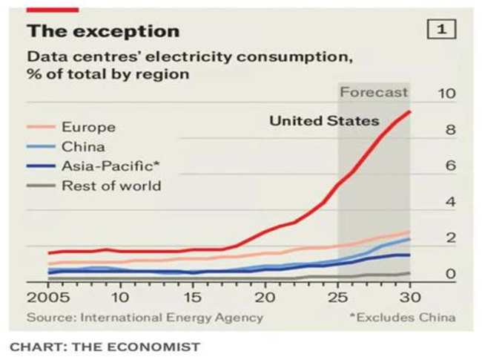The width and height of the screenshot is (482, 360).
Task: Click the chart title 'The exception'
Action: tap(103, 31)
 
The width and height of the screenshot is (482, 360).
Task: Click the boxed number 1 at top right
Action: tap(441, 30)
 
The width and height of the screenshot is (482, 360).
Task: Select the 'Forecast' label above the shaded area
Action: tap(374, 93)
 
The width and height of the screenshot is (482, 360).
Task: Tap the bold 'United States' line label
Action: tap(324, 120)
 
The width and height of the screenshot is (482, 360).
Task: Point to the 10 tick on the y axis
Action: tap(446, 94)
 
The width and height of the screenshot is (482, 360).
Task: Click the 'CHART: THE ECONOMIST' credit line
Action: tap(105, 345)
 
